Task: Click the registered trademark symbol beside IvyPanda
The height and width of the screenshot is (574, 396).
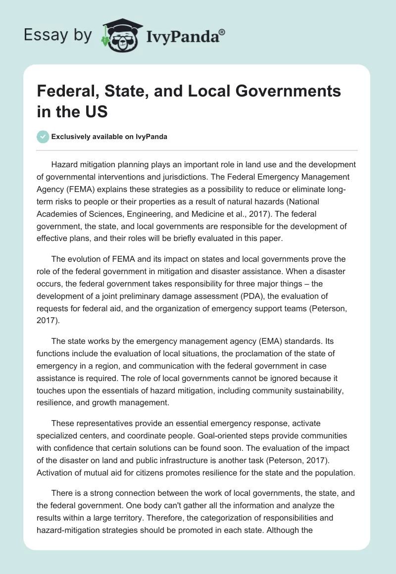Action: (222, 32)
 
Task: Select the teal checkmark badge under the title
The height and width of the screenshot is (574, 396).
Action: (43, 137)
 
